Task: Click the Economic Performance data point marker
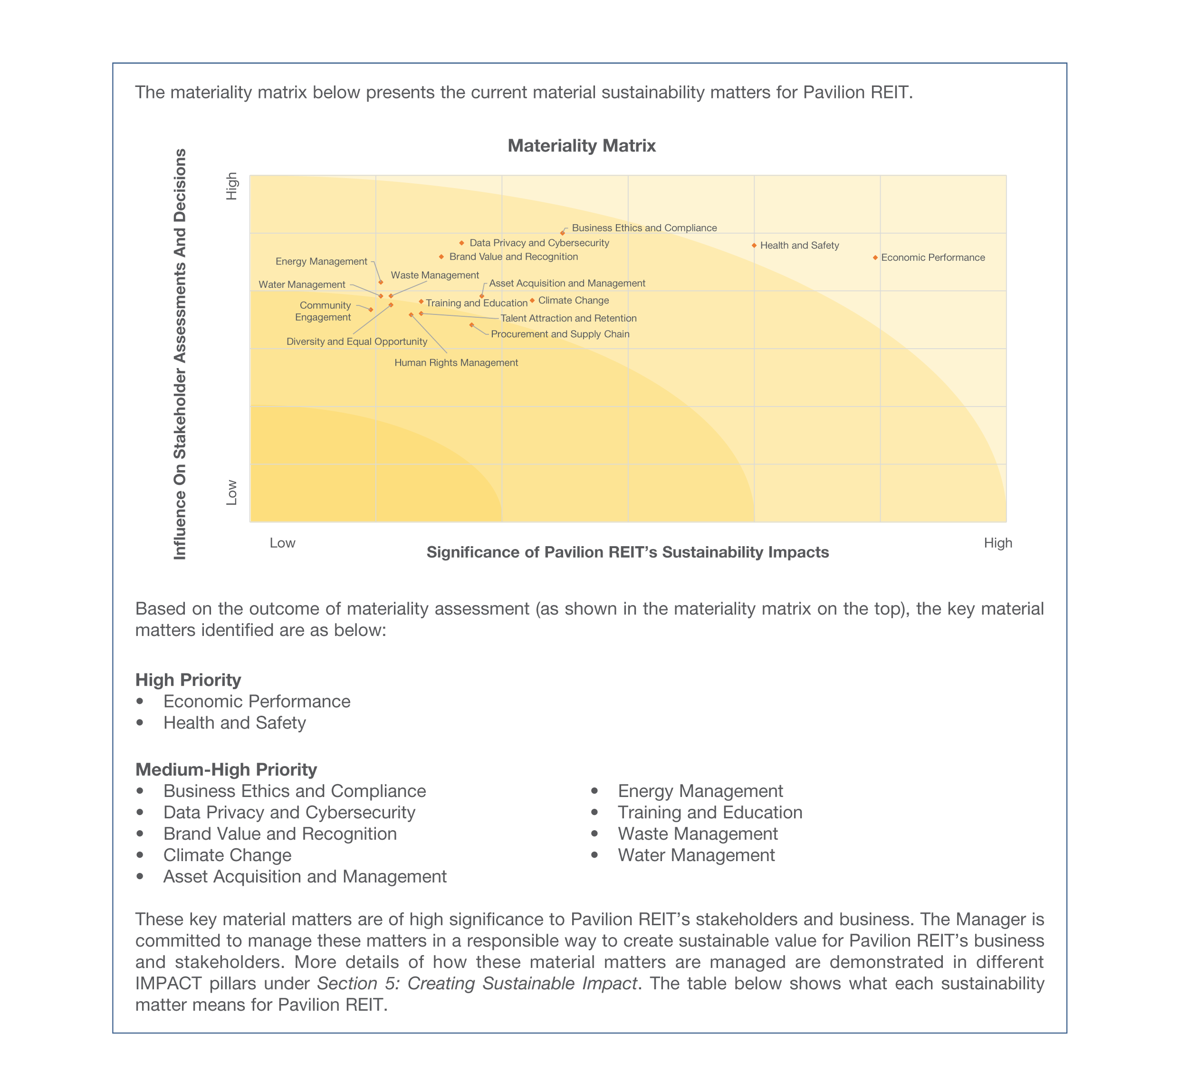click(875, 258)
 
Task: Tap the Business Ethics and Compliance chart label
click(644, 228)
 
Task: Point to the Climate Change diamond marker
click(532, 301)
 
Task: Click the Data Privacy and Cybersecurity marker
click(461, 243)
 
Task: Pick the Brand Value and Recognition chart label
click(514, 256)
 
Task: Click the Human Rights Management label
click(456, 362)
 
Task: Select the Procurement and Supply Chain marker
click(471, 325)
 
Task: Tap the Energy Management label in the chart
click(321, 261)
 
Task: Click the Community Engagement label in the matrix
click(324, 311)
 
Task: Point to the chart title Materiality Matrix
click(581, 145)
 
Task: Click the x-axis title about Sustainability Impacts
click(627, 552)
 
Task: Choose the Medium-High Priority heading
click(226, 769)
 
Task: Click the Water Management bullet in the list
click(696, 855)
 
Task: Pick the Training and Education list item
click(710, 812)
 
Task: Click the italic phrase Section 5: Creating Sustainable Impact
click(477, 983)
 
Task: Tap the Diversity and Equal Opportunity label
click(357, 341)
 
